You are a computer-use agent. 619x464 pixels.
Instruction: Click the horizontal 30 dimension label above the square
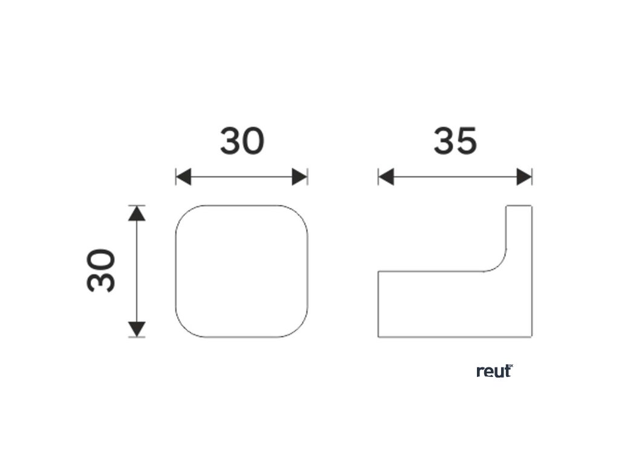coord(242,141)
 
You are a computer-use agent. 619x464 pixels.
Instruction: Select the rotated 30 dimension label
coord(102,270)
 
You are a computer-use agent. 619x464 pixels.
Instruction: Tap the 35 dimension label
coord(455,141)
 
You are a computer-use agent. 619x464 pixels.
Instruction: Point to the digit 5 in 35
coord(467,141)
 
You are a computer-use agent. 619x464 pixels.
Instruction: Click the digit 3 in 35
coord(444,141)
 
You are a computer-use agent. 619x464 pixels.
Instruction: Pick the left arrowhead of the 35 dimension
coord(386,177)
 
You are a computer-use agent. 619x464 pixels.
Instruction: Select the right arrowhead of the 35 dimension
coord(524,177)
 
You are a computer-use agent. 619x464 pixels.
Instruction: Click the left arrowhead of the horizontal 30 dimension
coord(183,177)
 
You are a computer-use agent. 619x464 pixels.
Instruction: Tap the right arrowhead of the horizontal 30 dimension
coord(300,177)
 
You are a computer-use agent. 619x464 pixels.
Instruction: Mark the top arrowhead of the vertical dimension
coord(138,213)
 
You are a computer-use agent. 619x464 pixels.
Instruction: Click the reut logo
coord(494,371)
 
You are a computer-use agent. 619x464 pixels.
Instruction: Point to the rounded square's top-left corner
coord(183,213)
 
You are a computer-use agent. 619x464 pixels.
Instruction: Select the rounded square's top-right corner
coord(300,213)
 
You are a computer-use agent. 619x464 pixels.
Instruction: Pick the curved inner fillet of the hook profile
coord(499,265)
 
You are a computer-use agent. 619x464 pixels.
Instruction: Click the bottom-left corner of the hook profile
coord(379,336)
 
